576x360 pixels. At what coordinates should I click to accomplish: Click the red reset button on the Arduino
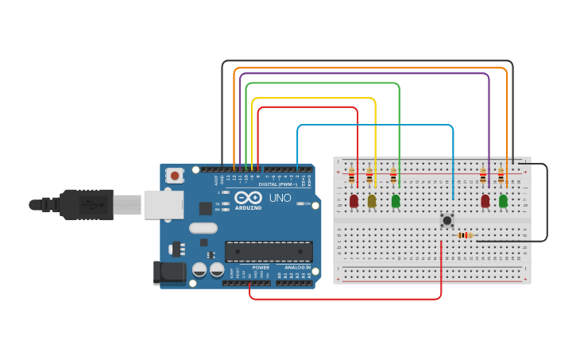point(174,175)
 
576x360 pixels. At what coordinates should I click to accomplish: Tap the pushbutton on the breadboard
point(447,220)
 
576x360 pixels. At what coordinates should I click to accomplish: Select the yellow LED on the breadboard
point(372,201)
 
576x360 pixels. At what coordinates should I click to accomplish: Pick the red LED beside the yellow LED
point(354,201)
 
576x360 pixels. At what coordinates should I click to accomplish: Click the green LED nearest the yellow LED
point(396,201)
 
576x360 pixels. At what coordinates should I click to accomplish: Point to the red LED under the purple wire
point(485,201)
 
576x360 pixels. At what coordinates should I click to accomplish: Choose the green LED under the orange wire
point(503,201)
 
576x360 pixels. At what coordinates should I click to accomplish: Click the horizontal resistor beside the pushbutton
point(466,235)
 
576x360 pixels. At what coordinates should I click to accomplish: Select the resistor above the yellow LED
point(369,176)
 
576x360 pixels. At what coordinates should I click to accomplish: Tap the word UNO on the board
point(280,198)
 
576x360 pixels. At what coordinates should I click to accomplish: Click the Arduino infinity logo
point(248,198)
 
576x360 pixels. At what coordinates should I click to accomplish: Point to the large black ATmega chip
point(268,252)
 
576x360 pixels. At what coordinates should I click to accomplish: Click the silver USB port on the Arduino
point(163,204)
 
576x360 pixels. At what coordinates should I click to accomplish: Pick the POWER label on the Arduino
point(261,268)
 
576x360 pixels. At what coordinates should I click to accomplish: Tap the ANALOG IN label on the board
point(297,268)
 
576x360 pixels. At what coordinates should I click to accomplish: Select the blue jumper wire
point(373,125)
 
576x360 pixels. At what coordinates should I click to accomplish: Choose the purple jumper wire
point(365,74)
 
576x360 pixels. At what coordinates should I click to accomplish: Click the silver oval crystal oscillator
point(203,228)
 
